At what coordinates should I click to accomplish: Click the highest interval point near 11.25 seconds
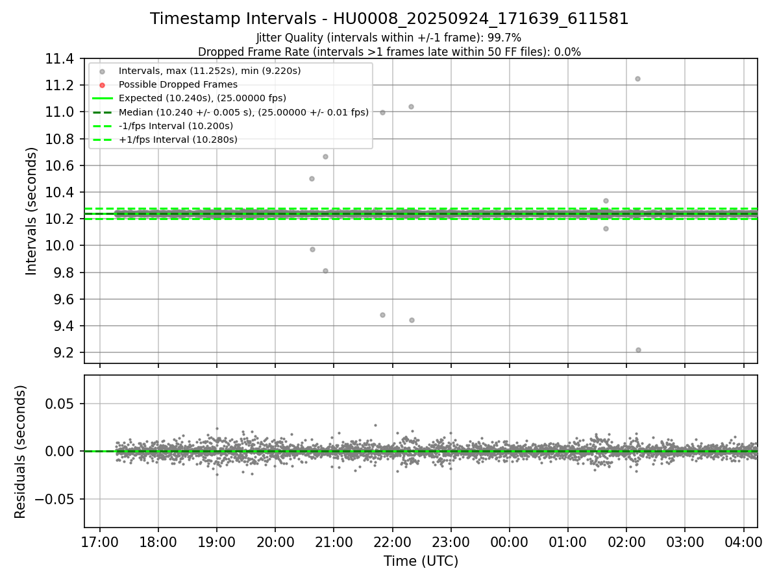click(637, 79)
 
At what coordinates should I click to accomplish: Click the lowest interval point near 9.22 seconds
click(638, 350)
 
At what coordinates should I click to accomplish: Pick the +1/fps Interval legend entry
click(178, 140)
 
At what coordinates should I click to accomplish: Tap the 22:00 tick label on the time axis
click(392, 542)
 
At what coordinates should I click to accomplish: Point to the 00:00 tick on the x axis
click(509, 542)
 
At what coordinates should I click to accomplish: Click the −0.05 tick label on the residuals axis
click(57, 499)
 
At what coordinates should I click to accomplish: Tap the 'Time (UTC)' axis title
click(421, 561)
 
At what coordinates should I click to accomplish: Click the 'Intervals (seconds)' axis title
click(32, 211)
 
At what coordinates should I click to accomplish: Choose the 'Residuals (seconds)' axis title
click(21, 452)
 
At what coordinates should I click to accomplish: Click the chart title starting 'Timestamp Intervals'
click(389, 19)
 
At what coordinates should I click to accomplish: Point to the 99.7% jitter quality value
click(506, 38)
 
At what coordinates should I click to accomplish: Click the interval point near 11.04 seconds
click(411, 106)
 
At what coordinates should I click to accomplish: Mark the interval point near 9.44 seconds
click(412, 320)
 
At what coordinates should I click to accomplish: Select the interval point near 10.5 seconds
click(312, 178)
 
